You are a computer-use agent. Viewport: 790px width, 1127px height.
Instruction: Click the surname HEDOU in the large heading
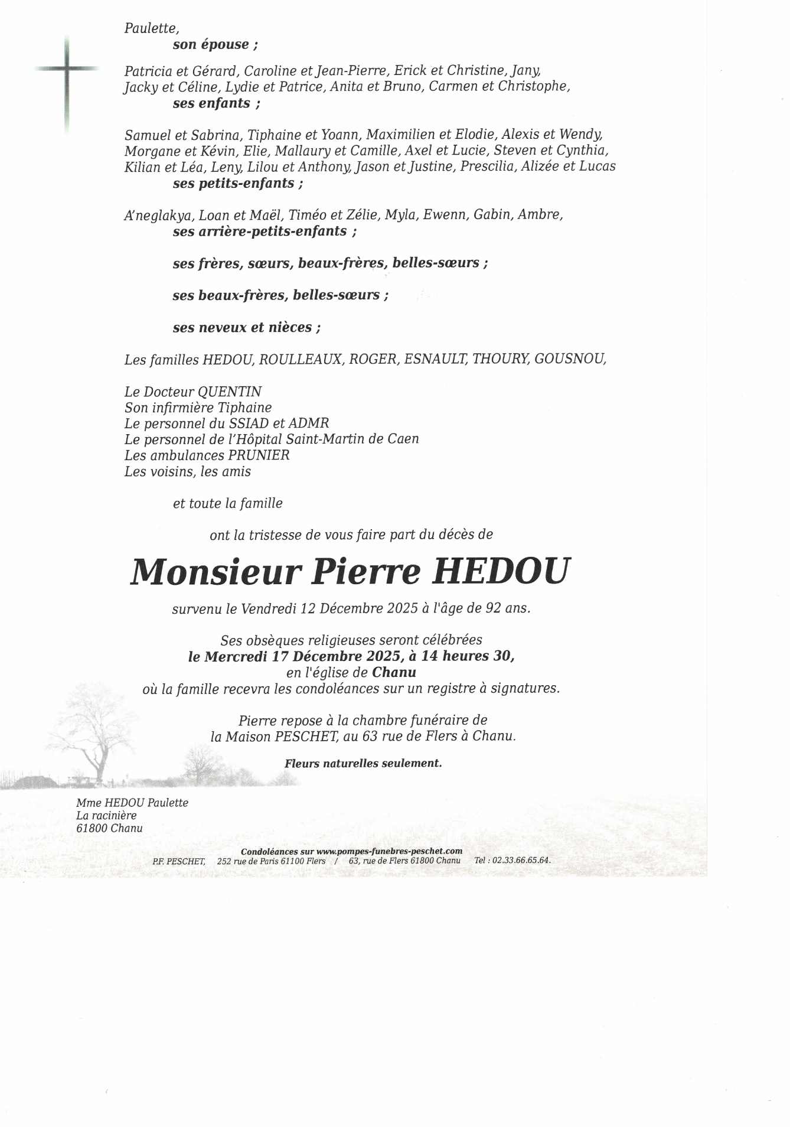click(501, 571)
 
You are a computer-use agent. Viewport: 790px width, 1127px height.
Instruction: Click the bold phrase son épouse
click(215, 44)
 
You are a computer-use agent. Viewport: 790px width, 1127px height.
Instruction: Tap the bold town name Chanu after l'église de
click(394, 672)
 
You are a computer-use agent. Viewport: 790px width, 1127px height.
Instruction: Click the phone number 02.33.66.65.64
click(521, 860)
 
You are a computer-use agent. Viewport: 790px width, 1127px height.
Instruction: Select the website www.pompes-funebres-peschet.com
click(389, 851)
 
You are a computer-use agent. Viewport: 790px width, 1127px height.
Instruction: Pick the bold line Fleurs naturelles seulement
click(363, 763)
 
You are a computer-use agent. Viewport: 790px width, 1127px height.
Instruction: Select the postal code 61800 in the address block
click(92, 828)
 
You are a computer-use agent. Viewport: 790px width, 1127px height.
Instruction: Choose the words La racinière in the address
click(106, 815)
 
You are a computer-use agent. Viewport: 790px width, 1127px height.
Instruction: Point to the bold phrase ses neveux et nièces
click(247, 327)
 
